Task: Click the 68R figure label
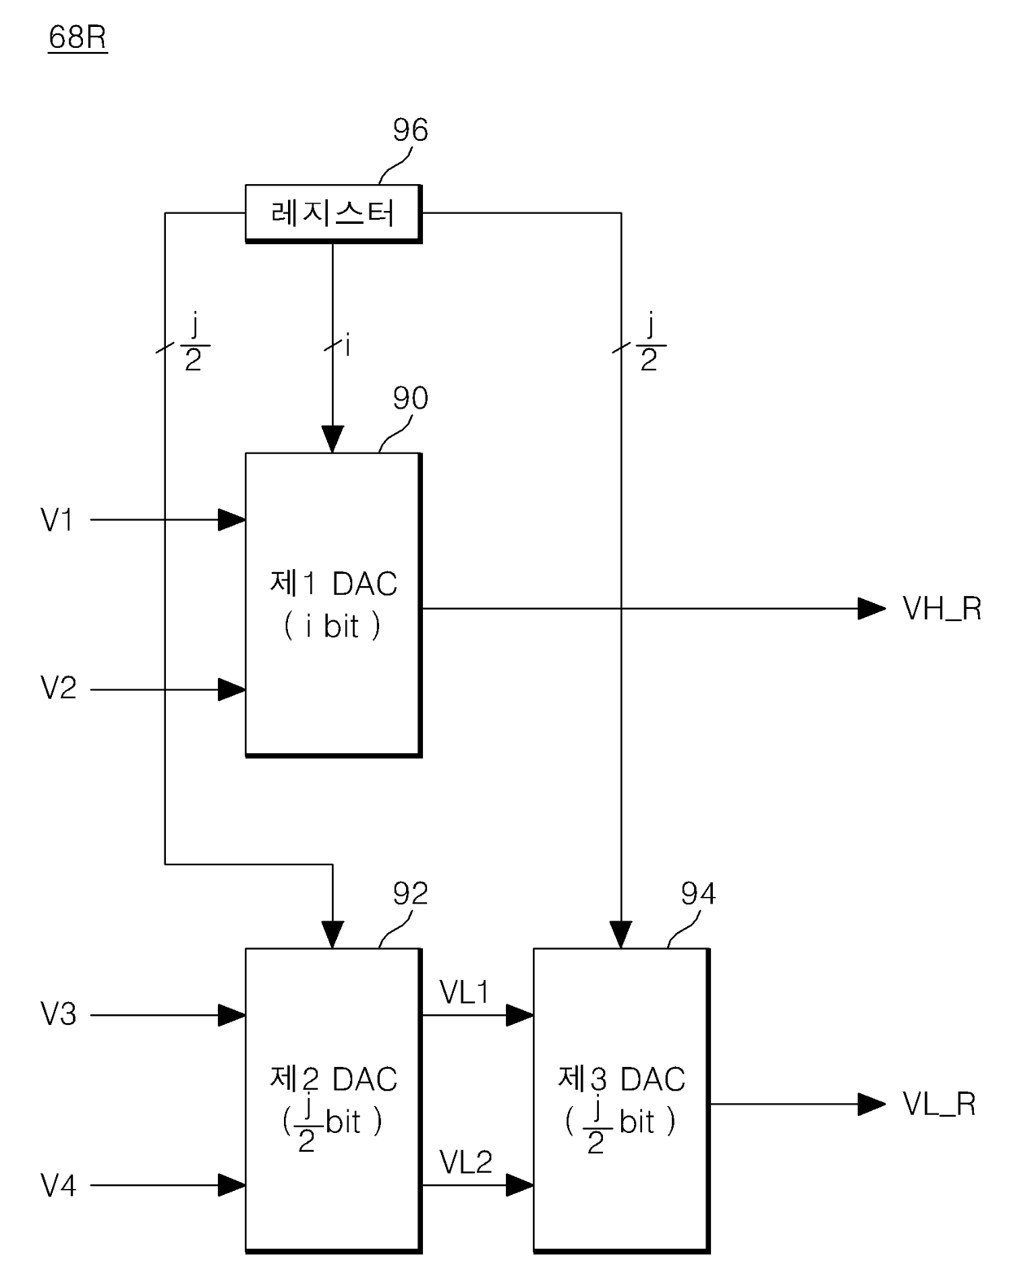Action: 77,37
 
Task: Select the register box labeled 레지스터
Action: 334,213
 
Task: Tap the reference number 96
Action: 410,130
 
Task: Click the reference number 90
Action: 410,398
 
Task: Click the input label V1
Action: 57,520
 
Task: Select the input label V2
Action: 59,688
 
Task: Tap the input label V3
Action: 59,1014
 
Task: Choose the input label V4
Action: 59,1185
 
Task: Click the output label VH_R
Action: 941,609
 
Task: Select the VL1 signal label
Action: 465,992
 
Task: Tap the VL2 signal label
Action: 465,1162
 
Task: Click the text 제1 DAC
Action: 334,584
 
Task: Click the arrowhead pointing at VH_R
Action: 872,609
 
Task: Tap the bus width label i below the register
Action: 347,345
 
